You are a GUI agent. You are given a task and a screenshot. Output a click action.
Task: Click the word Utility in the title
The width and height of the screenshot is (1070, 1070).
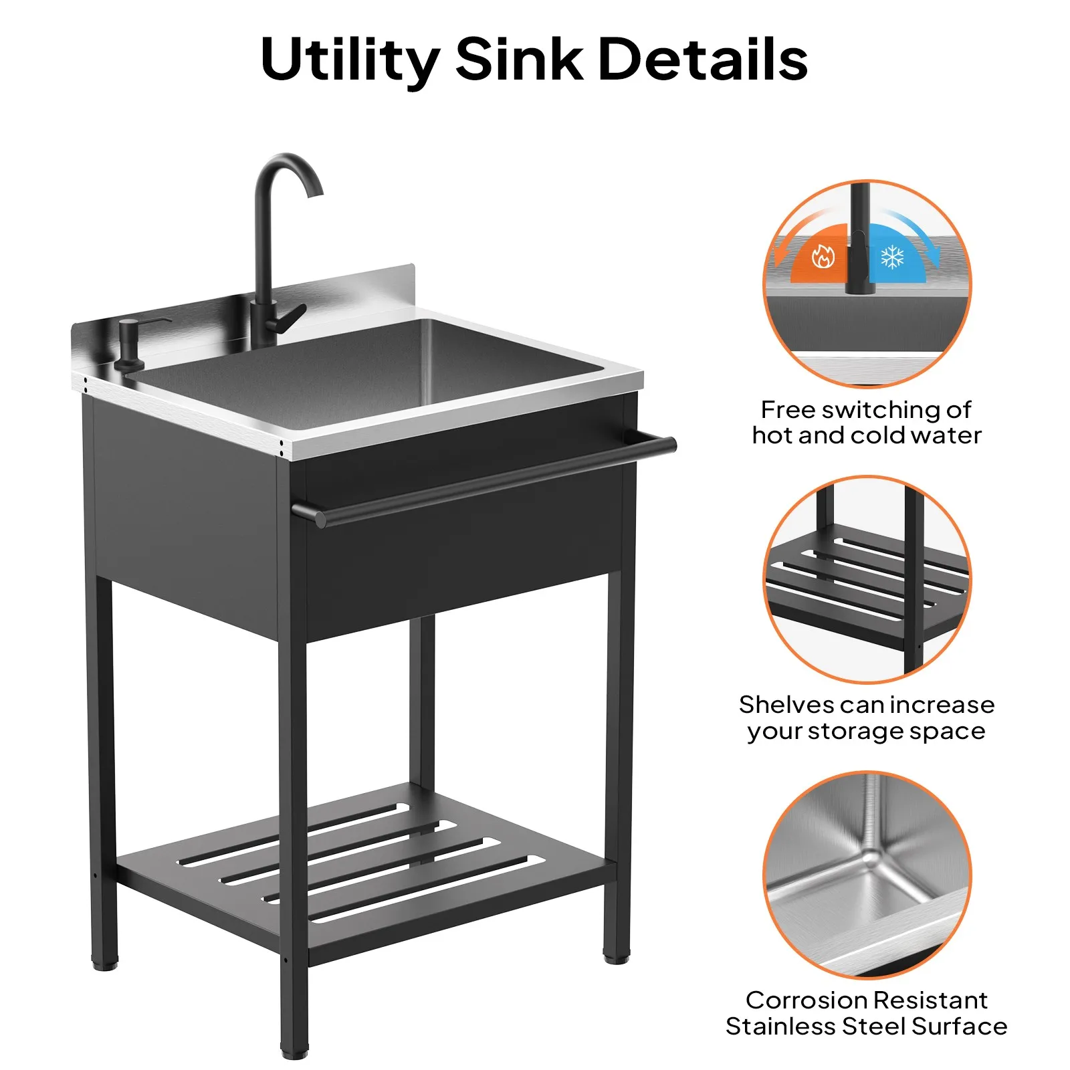click(x=350, y=60)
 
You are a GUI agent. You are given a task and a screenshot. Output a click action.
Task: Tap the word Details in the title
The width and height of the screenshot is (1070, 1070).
click(x=703, y=59)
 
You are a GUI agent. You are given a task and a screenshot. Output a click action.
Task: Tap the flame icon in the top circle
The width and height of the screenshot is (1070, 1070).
click(x=823, y=256)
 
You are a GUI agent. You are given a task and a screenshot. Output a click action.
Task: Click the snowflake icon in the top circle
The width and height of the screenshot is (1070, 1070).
click(x=892, y=257)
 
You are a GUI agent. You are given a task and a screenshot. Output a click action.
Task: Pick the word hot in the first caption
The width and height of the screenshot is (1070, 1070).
click(x=772, y=435)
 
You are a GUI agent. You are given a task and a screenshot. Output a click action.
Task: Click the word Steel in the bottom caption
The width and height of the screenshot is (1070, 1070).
click(x=873, y=1027)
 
